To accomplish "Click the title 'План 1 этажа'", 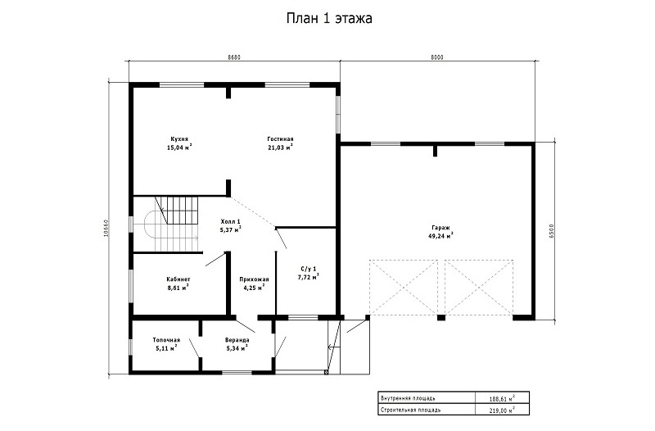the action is coord(329,19).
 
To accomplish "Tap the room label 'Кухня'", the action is coord(178,139).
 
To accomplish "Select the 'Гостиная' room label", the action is coord(280,139).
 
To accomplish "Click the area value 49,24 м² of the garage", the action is coord(440,236).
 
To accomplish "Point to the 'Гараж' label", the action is coord(440,228).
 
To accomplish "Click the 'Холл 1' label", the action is coord(230,221).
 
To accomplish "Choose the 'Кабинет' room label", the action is coord(178,279).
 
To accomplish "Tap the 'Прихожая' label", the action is coord(254,279).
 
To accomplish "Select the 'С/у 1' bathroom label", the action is coord(309,269).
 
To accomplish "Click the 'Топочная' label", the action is coord(166,340).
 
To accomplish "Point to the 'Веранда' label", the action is coord(237,340).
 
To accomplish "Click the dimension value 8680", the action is coord(234,57).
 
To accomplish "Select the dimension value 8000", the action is coord(437,57).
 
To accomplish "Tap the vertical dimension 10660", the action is coord(106,229).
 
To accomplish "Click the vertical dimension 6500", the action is coord(551,230).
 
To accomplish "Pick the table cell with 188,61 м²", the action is coord(502,398).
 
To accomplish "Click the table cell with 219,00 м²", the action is coord(502,410).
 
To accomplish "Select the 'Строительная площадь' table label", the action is coord(410,410).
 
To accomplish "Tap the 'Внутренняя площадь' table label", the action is coord(409,398).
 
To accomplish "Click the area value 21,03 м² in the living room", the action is coord(280,147).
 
